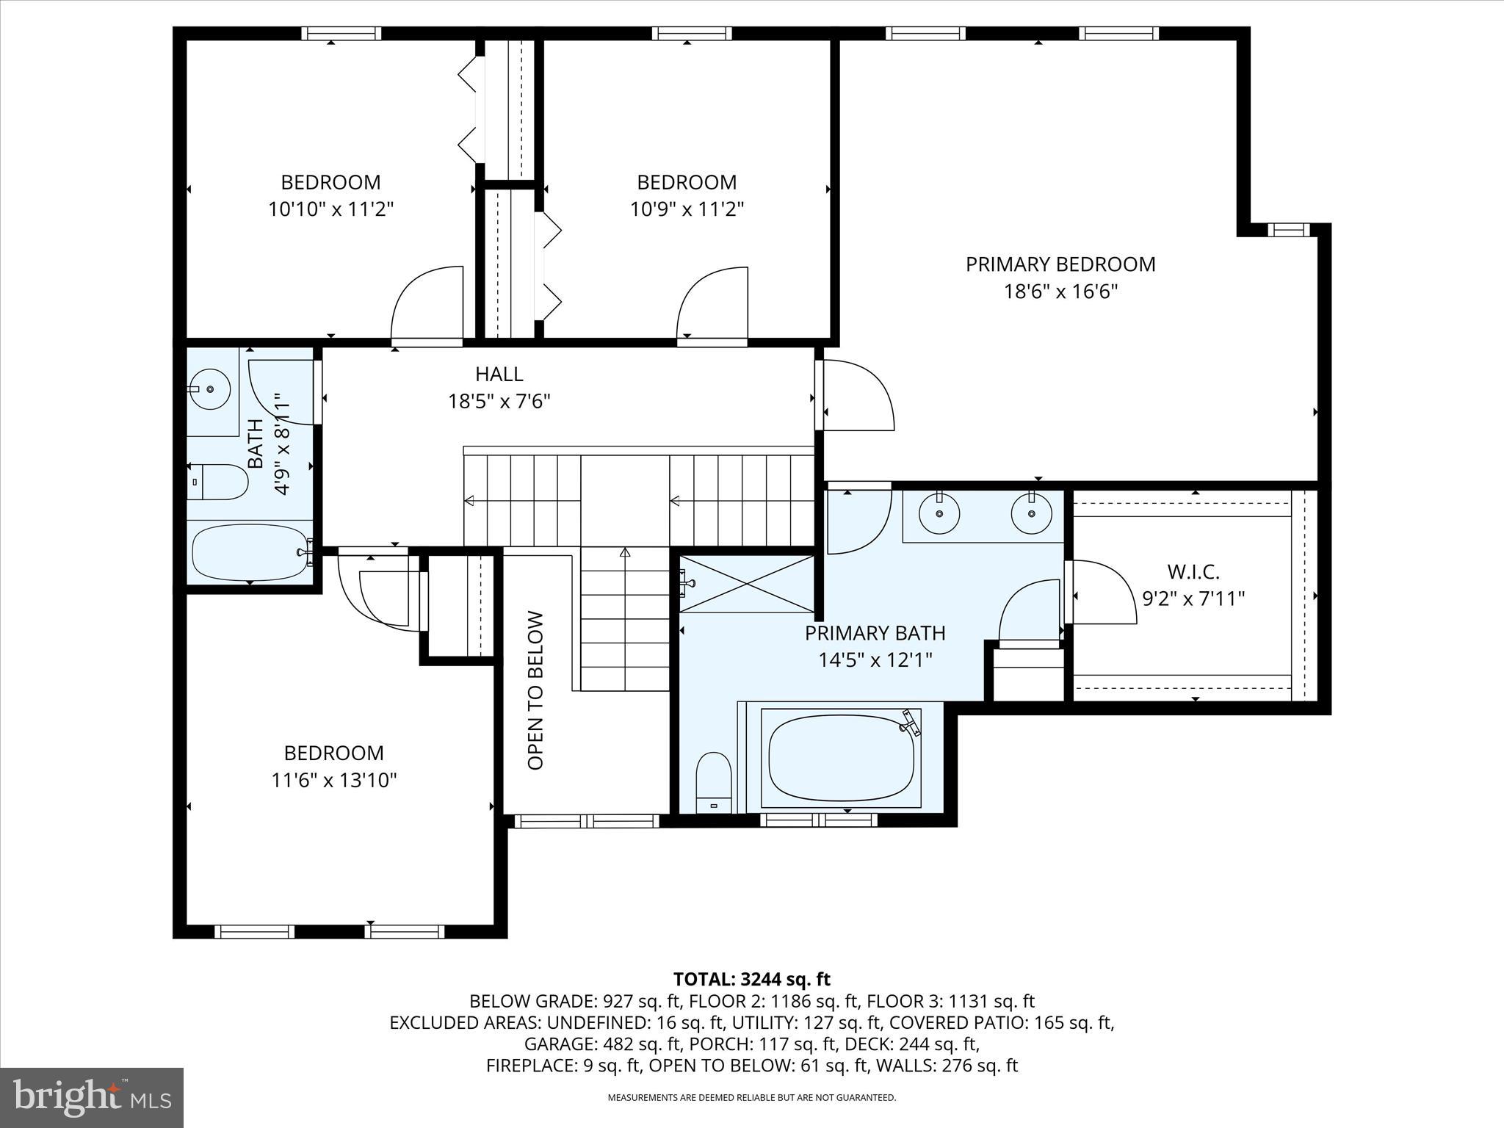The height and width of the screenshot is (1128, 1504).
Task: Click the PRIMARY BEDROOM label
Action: [1060, 264]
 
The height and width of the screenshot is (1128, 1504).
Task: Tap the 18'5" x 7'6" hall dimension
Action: [499, 402]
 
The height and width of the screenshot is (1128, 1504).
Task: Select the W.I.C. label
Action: [1193, 571]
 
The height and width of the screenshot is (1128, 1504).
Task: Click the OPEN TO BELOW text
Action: [536, 690]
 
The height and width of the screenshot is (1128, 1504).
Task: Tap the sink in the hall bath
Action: [211, 389]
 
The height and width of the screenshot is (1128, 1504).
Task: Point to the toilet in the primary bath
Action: [713, 782]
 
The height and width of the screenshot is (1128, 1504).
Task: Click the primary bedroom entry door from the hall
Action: [856, 395]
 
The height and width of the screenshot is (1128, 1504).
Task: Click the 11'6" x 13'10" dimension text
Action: [334, 780]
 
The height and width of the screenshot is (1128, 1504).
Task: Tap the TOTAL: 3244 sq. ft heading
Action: [751, 979]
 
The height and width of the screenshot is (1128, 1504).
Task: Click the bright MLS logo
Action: [92, 1098]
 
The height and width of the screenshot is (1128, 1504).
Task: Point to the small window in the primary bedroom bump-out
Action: [1288, 230]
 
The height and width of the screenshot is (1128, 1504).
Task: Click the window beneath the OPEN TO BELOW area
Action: [586, 821]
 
